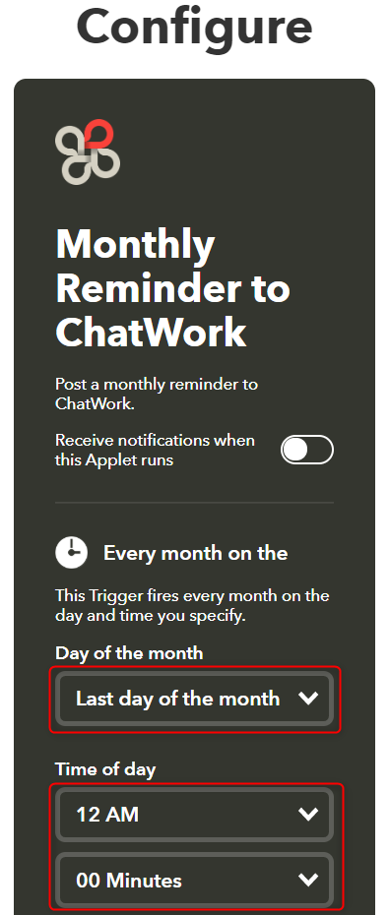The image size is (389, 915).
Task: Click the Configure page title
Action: point(194,27)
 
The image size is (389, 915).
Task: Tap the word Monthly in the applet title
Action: point(135,245)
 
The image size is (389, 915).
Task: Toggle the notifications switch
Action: point(306,450)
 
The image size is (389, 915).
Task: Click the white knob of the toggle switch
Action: point(295,450)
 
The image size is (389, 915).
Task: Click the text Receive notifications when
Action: point(155,440)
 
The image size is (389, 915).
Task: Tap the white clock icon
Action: point(71,553)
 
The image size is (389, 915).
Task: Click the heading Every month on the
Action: point(195,553)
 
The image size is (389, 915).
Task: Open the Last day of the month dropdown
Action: point(177,699)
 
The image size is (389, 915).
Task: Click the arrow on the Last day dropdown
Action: point(308,699)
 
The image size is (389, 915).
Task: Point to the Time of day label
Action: point(105,769)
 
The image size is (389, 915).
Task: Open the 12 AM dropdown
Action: point(177,814)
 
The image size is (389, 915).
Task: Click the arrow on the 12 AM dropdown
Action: point(308,814)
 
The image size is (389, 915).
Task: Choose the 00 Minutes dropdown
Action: point(177,880)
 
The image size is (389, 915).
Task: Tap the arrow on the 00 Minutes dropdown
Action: point(308,880)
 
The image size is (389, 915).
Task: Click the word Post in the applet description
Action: point(72,384)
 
